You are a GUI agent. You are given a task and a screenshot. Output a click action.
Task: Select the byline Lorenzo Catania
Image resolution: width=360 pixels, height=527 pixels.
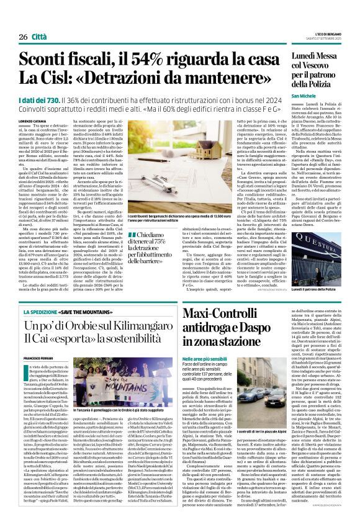pos(32,121)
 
